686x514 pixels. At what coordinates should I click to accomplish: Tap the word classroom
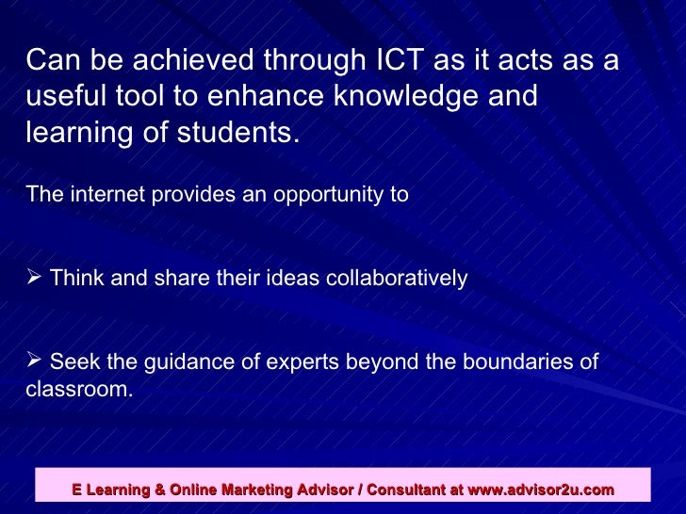coord(78,388)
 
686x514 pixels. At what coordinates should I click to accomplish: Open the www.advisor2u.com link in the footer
coord(541,490)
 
